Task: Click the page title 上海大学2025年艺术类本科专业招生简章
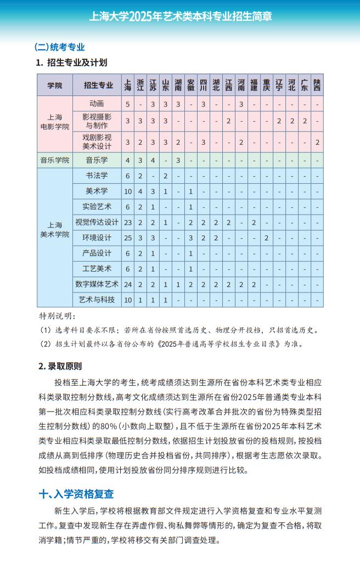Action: click(181, 16)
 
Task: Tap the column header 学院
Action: click(55, 85)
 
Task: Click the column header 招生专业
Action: click(99, 85)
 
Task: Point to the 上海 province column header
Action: click(128, 85)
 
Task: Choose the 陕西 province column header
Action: click(317, 85)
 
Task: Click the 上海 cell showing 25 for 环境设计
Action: click(128, 238)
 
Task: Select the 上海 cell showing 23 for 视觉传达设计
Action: click(128, 222)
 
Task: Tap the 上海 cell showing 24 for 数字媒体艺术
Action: click(128, 284)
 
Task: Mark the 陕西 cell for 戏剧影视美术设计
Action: click(317, 142)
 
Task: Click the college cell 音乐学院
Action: click(55, 160)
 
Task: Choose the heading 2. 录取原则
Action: click(60, 366)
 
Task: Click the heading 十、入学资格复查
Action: click(76, 494)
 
